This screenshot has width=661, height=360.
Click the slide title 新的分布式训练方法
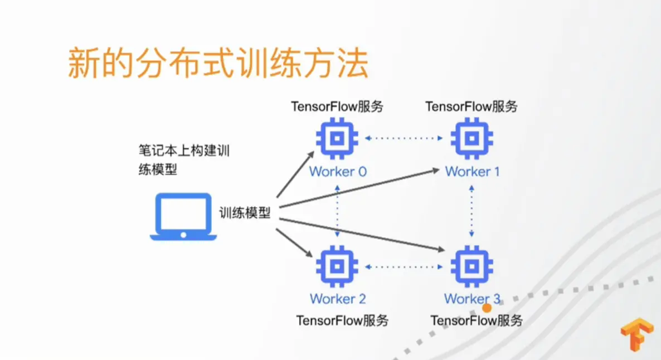tap(218, 64)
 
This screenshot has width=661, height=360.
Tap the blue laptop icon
tap(183, 217)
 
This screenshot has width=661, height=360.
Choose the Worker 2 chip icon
tap(337, 266)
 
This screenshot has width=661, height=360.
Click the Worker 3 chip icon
tap(472, 266)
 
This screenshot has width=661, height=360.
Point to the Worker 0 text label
tap(338, 172)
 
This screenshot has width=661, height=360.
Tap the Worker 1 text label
tap(472, 172)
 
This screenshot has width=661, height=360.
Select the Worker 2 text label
tap(338, 299)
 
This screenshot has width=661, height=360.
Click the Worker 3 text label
tap(472, 299)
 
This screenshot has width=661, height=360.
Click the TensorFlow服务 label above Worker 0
tap(337, 106)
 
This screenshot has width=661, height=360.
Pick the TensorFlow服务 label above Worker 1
tap(472, 106)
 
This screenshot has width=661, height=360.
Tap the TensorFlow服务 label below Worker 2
tap(342, 320)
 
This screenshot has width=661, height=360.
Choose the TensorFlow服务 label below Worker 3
tap(477, 320)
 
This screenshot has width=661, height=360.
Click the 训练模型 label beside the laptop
tap(245, 213)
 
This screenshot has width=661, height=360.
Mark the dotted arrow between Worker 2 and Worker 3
tap(404, 267)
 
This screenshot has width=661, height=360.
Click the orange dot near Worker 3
tap(487, 308)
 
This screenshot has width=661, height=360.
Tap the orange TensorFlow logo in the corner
tap(637, 334)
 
